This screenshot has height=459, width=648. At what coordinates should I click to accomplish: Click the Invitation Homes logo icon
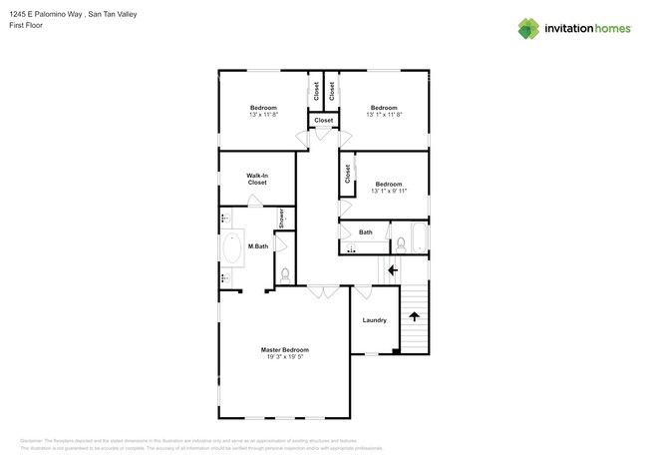(x=528, y=28)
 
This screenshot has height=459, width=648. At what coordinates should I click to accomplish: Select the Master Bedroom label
(x=285, y=349)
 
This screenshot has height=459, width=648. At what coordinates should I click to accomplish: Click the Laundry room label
(x=374, y=320)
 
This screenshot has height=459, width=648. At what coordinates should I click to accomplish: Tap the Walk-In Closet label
(x=257, y=179)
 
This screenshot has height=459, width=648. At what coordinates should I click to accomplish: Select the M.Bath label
(x=258, y=246)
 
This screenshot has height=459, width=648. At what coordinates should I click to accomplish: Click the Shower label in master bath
(x=282, y=219)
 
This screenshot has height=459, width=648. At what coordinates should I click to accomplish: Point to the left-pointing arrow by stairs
(x=393, y=269)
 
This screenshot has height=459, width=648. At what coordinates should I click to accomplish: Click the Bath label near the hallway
(x=366, y=232)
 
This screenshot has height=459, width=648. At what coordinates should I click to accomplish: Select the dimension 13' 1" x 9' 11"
(x=388, y=191)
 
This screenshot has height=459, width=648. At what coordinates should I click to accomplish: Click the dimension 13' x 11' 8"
(x=263, y=115)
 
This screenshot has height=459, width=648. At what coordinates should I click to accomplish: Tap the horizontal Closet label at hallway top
(x=323, y=121)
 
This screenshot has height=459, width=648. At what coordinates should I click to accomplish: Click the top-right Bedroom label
(x=385, y=108)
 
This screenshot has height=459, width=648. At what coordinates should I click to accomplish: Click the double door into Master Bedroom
(x=323, y=292)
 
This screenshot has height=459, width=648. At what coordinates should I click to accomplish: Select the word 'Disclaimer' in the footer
(x=33, y=439)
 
